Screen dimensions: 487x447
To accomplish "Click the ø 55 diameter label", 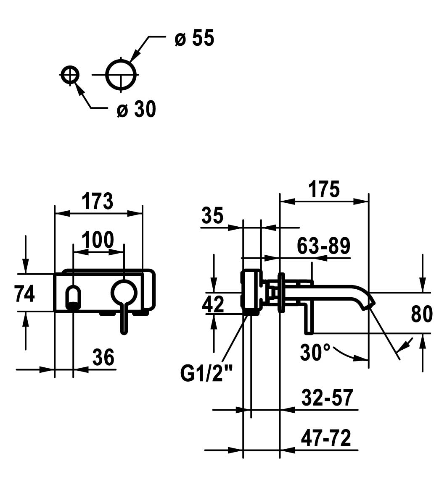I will (194, 39).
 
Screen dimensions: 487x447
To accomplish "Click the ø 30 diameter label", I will (136, 110).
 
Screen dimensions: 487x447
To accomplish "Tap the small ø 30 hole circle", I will (70, 75).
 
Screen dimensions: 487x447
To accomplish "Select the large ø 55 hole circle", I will (121, 75).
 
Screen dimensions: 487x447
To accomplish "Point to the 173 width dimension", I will (98, 202).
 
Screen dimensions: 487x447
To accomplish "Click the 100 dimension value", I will (98, 240).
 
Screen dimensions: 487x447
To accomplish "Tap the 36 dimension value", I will (103, 358).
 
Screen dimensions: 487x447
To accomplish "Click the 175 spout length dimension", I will (323, 189).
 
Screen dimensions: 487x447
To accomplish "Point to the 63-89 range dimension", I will (323, 246).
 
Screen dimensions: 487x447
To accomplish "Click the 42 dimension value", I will (213, 304).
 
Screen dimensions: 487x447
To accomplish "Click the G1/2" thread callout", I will (206, 373).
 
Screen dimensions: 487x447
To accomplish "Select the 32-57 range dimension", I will (327, 398).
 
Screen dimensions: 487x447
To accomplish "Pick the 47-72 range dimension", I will (326, 439).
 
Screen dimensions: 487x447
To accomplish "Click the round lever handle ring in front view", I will (124, 293).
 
